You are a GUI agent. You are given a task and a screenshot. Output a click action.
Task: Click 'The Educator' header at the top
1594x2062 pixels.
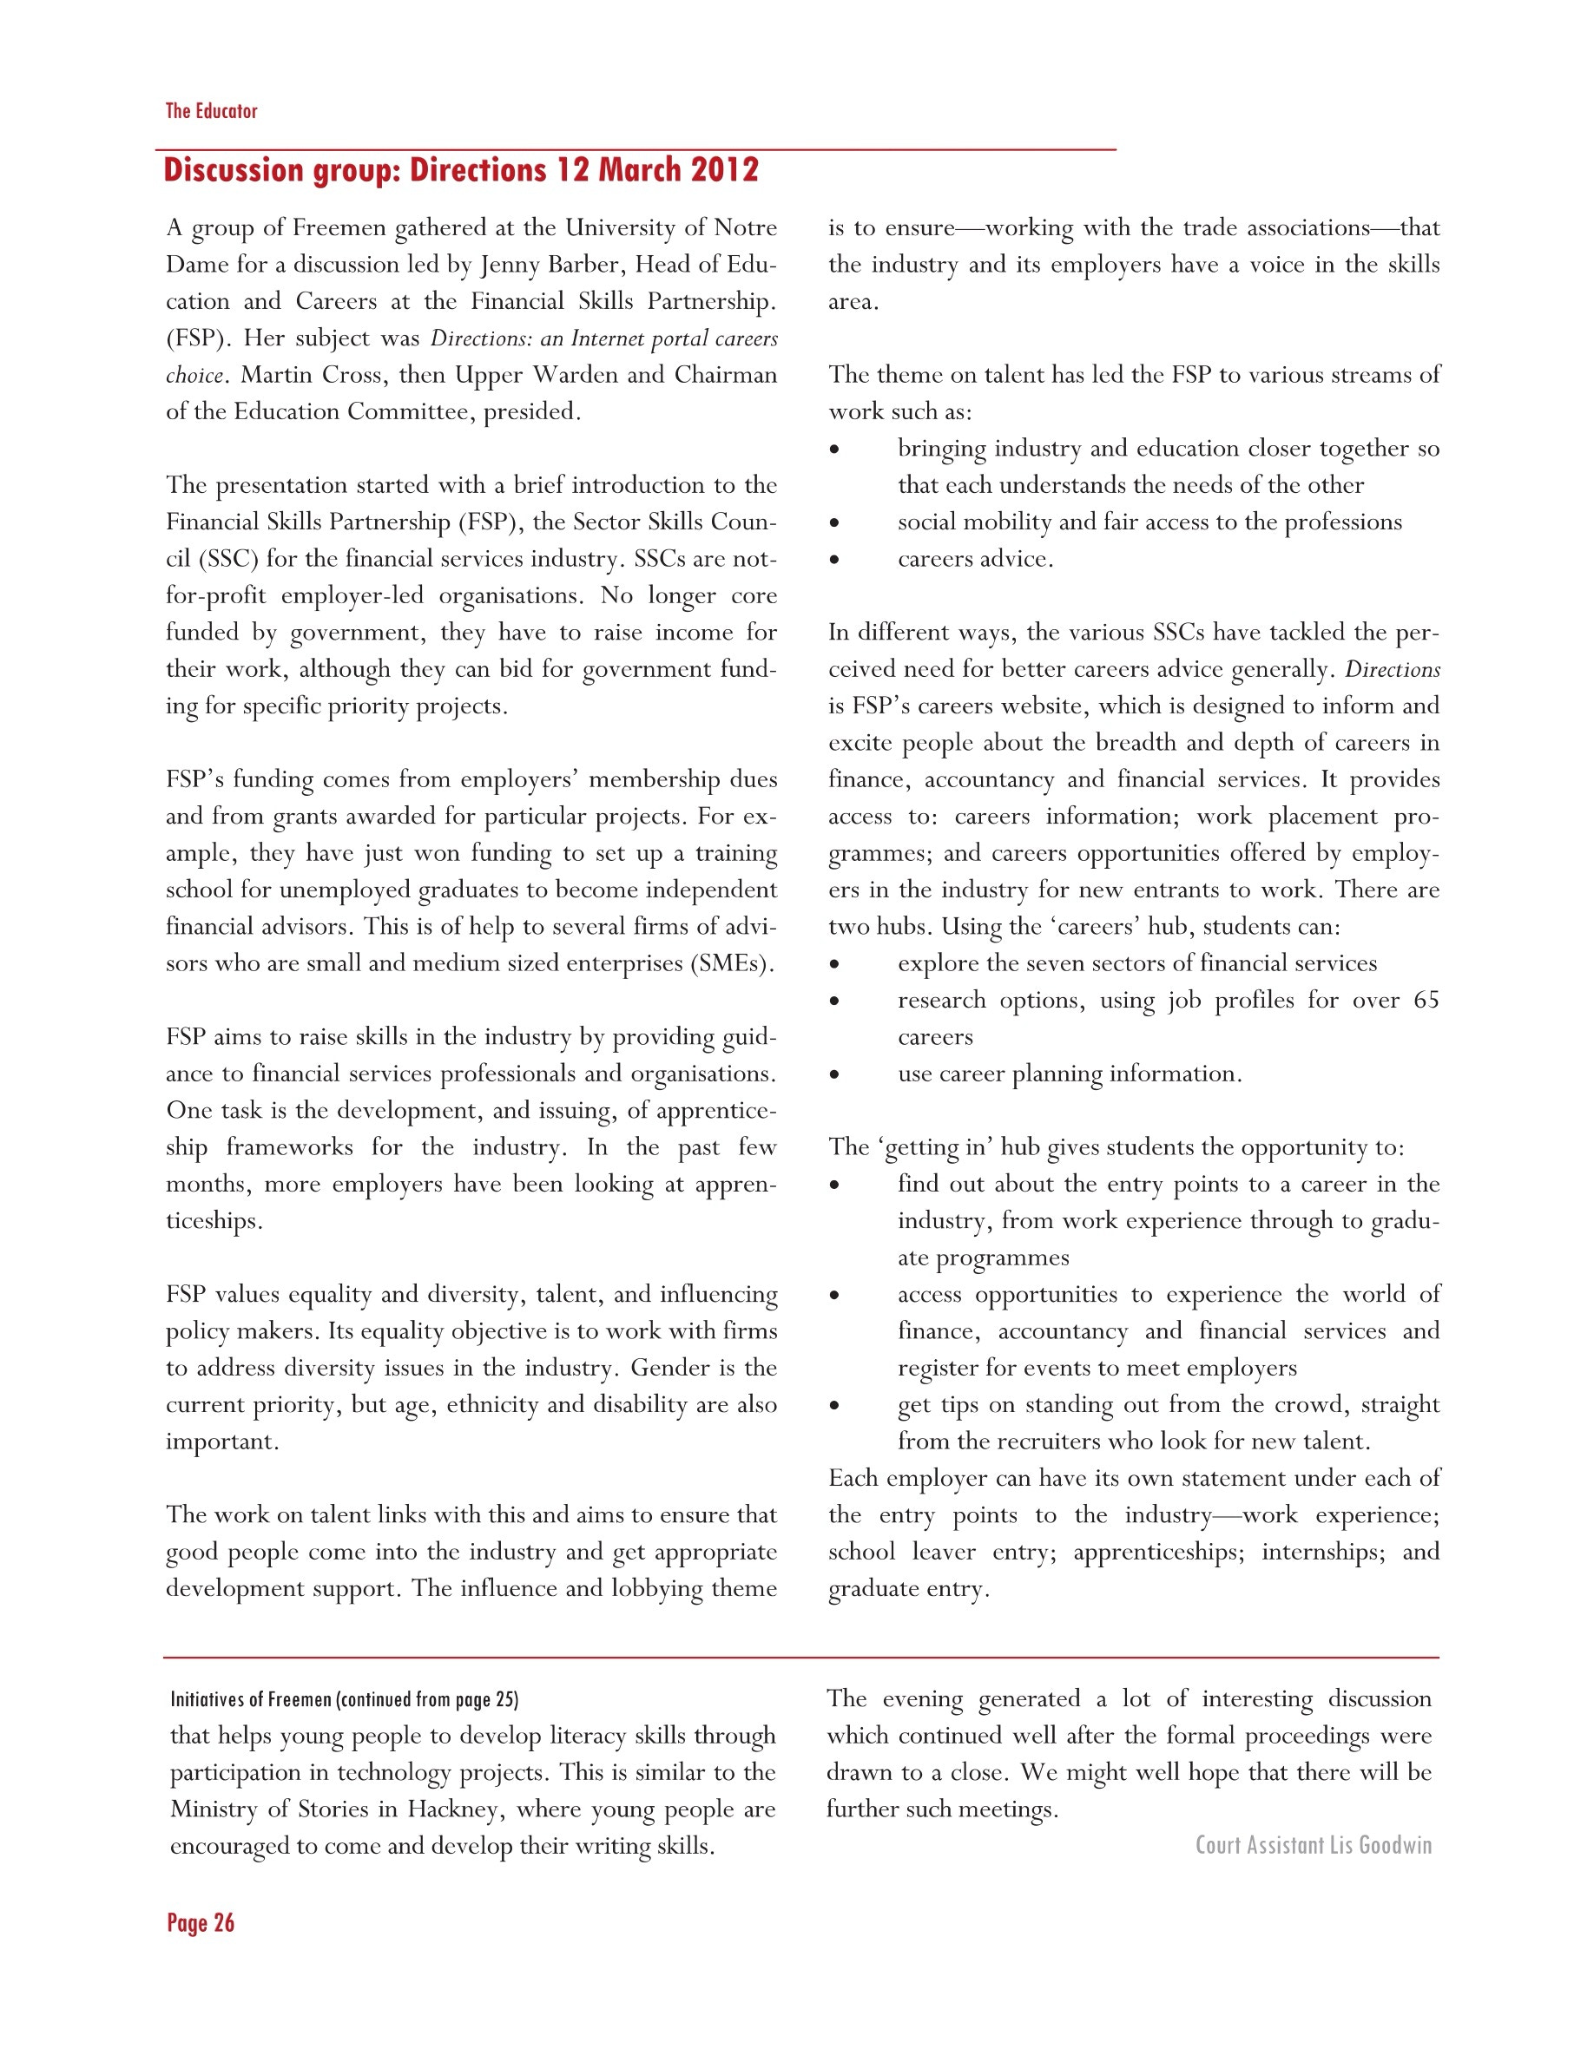(212, 111)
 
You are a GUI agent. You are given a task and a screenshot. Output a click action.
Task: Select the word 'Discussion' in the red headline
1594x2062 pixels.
(233, 170)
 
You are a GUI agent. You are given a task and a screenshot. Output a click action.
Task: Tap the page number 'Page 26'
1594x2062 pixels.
(201, 1923)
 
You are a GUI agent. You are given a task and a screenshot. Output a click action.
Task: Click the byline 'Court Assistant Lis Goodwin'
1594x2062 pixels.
(1313, 1845)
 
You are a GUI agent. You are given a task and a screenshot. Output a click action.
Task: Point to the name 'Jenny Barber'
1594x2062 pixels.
(549, 265)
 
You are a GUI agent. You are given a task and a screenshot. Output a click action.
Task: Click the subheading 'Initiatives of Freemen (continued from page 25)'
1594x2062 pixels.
(344, 1699)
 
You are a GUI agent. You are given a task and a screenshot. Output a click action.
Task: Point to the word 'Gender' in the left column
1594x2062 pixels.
(672, 1368)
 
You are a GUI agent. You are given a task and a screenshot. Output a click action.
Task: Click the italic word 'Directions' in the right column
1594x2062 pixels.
(1393, 669)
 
